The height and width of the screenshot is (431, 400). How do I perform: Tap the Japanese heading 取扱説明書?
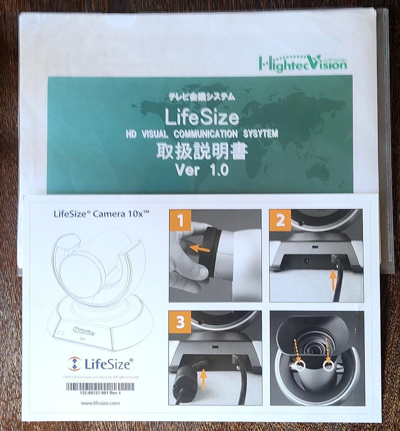[202, 152]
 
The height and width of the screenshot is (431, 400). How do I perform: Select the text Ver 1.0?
[202, 170]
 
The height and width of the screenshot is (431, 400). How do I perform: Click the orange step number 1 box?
[180, 220]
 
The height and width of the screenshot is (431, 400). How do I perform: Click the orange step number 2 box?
[280, 220]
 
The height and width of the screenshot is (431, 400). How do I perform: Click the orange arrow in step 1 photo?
[199, 249]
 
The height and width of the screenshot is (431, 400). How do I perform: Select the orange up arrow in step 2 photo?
[332, 281]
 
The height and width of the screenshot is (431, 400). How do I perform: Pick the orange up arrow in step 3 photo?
[203, 379]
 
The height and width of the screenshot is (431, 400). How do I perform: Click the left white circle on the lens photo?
[300, 365]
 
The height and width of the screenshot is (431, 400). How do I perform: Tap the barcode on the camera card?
[100, 386]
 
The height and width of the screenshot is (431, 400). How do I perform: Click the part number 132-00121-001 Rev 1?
[100, 393]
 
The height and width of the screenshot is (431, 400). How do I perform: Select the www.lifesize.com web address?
[100, 403]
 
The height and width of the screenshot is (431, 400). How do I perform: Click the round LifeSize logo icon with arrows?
[74, 364]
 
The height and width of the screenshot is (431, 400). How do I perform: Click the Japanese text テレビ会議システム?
[202, 97]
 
